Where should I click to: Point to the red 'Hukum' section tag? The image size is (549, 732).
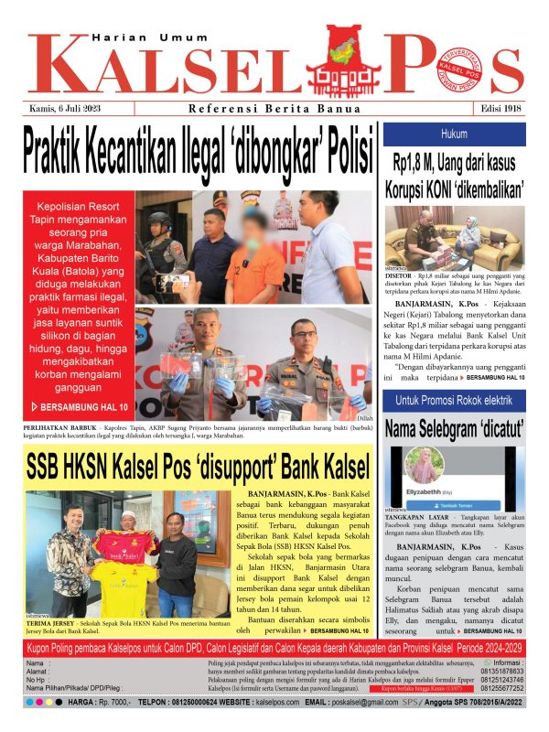454,134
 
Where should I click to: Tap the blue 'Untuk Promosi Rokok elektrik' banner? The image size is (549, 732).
454,401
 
